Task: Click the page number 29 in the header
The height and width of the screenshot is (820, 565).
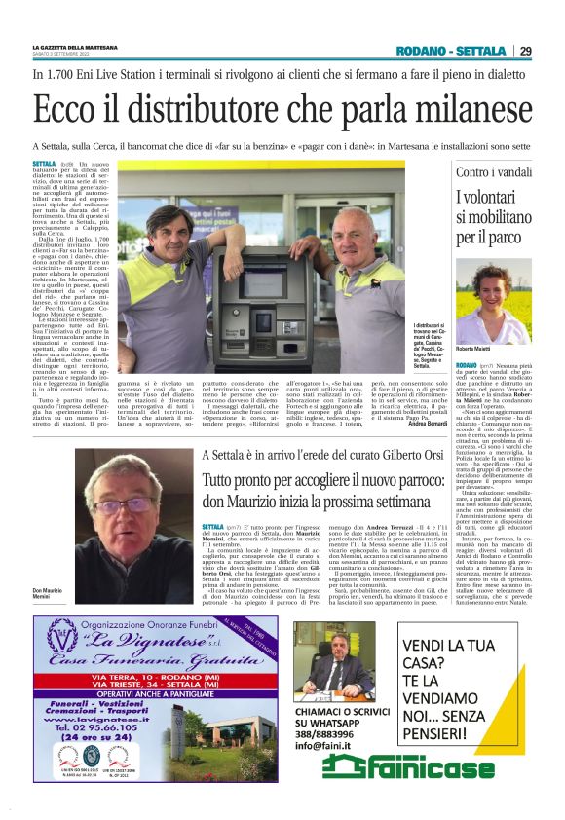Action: coord(525,52)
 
